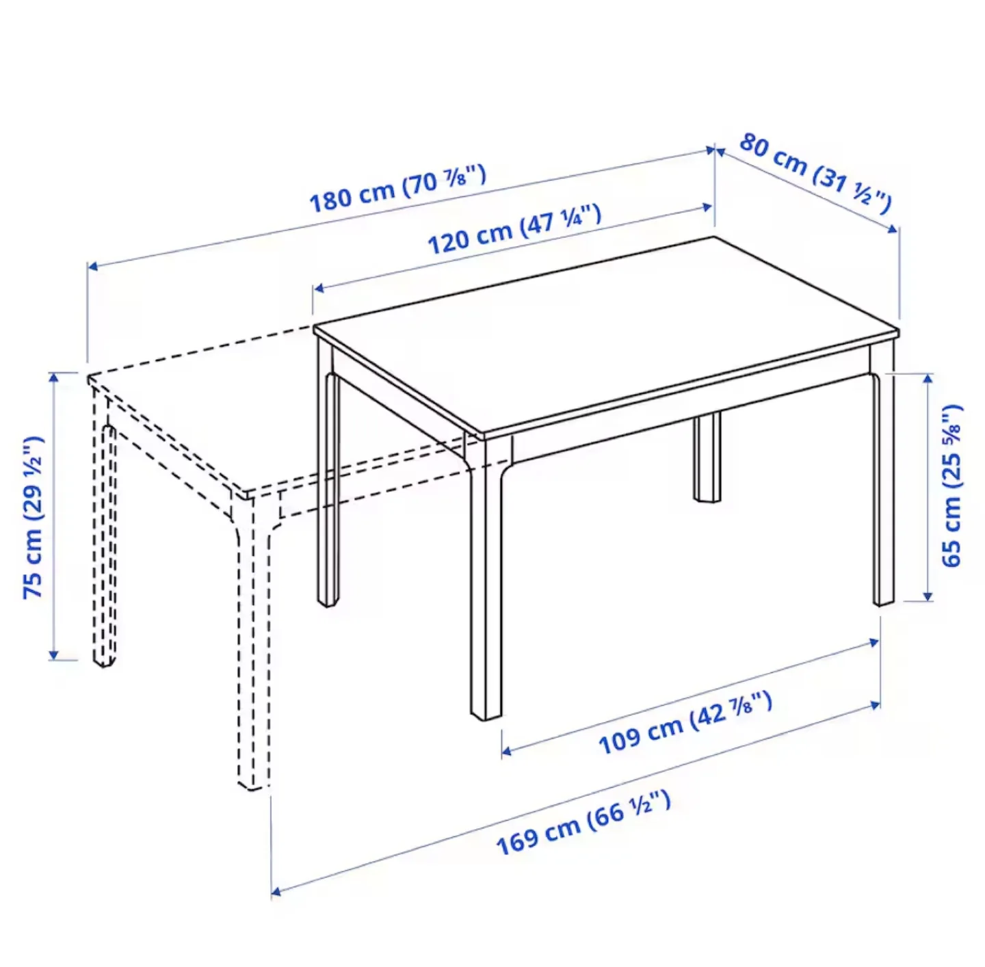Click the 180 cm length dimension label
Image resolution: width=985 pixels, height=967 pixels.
pos(397,189)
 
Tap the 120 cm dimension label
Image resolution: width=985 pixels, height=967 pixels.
pos(514,229)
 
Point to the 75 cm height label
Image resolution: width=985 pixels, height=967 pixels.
pos(34,517)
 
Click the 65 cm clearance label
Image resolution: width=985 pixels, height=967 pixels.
pos(951,486)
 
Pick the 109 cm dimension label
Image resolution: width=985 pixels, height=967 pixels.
pos(685,723)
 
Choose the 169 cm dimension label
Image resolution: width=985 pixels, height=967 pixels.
pos(583,823)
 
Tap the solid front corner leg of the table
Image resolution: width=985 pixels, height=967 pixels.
pos(486,581)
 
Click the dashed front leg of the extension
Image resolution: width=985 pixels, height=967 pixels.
pos(253,650)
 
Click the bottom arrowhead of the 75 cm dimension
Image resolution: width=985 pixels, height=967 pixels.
pos(54,656)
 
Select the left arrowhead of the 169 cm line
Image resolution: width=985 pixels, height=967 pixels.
pos(276,891)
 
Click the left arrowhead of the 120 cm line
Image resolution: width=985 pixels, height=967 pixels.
pos(318,289)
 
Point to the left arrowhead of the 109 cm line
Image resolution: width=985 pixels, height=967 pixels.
pos(506,752)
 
